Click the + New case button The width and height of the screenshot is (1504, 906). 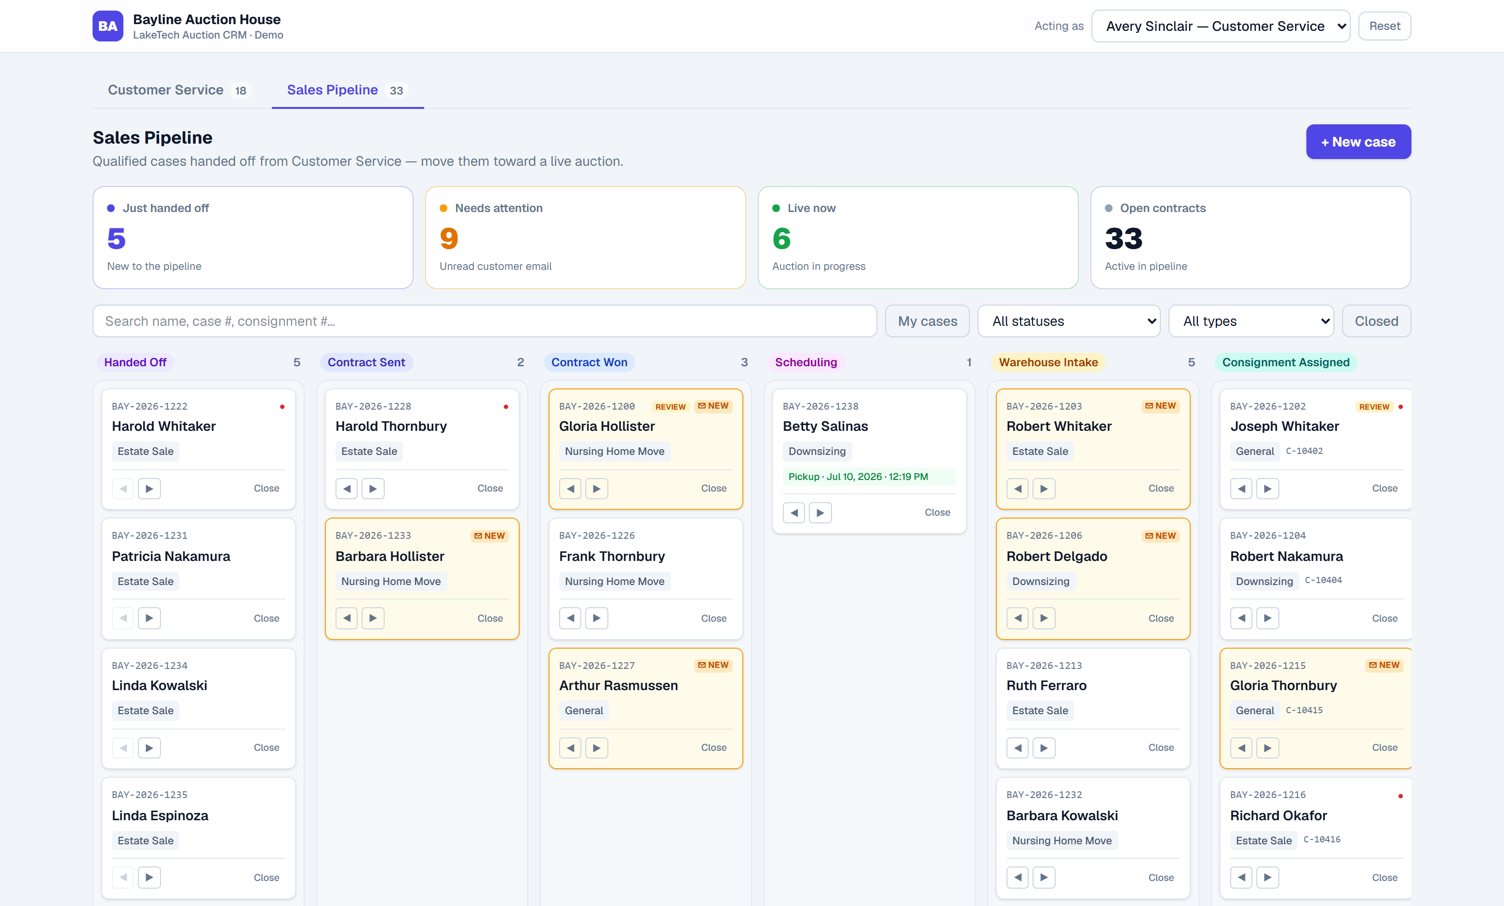[1357, 142]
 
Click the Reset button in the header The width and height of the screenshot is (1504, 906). [1384, 26]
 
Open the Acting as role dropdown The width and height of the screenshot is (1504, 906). [1220, 26]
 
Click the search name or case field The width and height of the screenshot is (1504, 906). [484, 321]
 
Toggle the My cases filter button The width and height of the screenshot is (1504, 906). [927, 321]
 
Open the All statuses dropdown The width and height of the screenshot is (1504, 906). [1068, 321]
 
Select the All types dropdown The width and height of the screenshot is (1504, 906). [1251, 321]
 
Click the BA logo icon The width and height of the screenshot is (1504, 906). [108, 26]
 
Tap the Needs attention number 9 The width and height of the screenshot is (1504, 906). [449, 239]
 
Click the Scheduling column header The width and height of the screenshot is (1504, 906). [806, 362]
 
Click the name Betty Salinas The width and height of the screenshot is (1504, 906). [825, 426]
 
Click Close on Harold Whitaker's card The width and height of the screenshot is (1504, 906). [266, 488]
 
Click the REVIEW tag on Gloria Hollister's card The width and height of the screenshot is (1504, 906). [670, 407]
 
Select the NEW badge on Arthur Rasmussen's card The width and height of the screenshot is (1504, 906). [713, 665]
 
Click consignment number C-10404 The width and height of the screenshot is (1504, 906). [1323, 580]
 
